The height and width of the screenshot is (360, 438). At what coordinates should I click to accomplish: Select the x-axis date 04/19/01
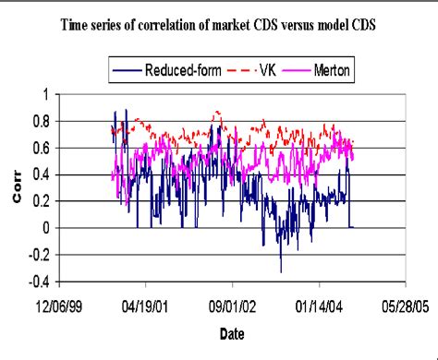pos(144,301)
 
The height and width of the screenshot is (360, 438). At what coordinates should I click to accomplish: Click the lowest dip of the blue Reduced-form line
pos(281,271)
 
